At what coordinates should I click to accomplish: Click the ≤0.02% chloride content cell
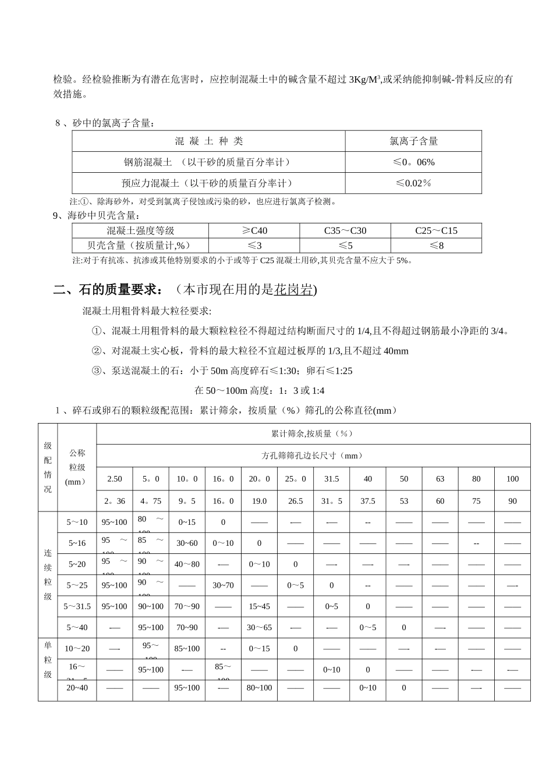coord(413,183)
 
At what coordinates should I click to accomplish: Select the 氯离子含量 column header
coord(413,141)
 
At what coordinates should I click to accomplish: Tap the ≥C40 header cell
coord(254,230)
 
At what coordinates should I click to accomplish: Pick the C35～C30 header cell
coord(345,230)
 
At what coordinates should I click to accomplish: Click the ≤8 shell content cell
coord(436,246)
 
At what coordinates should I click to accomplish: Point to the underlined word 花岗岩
coord(293,290)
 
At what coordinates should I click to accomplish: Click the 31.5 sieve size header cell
coord(332,479)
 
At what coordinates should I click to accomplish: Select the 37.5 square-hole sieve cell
coord(368,501)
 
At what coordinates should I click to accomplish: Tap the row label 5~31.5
coord(77,606)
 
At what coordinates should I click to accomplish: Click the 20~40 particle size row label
coord(77,688)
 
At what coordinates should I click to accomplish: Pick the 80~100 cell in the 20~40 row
coord(259,688)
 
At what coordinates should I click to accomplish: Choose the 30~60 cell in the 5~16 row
coord(187,543)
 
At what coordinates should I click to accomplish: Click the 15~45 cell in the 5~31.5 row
coord(259,606)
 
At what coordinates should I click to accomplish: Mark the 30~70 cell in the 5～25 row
coord(223,585)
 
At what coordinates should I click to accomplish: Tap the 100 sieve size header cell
coord(512,479)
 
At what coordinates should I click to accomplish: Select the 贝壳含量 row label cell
coord(140,246)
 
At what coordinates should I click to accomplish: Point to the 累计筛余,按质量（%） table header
coord(313,433)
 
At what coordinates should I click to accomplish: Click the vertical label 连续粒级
coord(48,574)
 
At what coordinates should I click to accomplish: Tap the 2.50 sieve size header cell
coord(115,479)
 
